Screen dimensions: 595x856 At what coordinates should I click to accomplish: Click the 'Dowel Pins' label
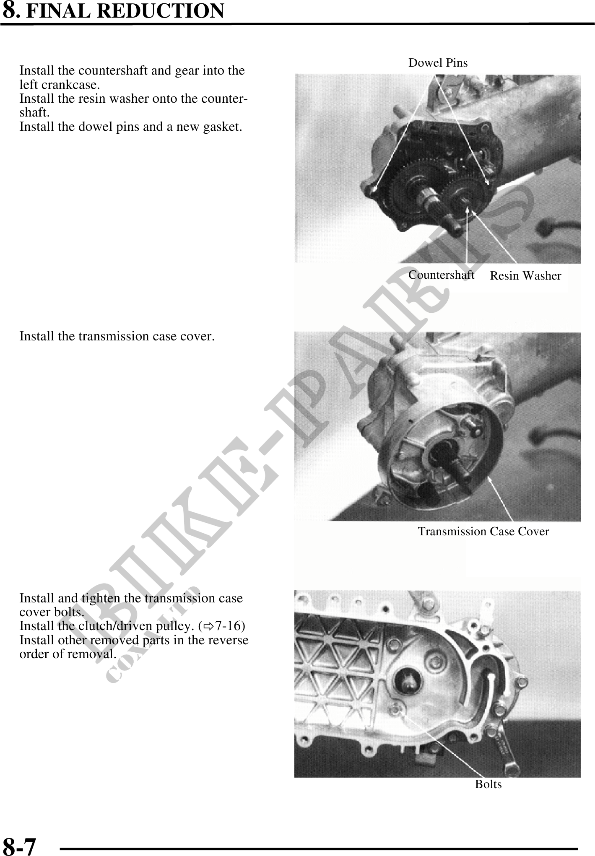coord(438,63)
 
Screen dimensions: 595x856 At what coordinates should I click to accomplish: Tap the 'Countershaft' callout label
coord(441,275)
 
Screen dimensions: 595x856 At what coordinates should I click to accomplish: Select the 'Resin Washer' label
coord(525,276)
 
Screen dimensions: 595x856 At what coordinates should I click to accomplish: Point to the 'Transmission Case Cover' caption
coord(483,532)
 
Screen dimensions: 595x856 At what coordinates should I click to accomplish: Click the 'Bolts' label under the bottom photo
coord(488,784)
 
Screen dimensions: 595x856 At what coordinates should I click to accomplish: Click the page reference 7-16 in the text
coord(227,626)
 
